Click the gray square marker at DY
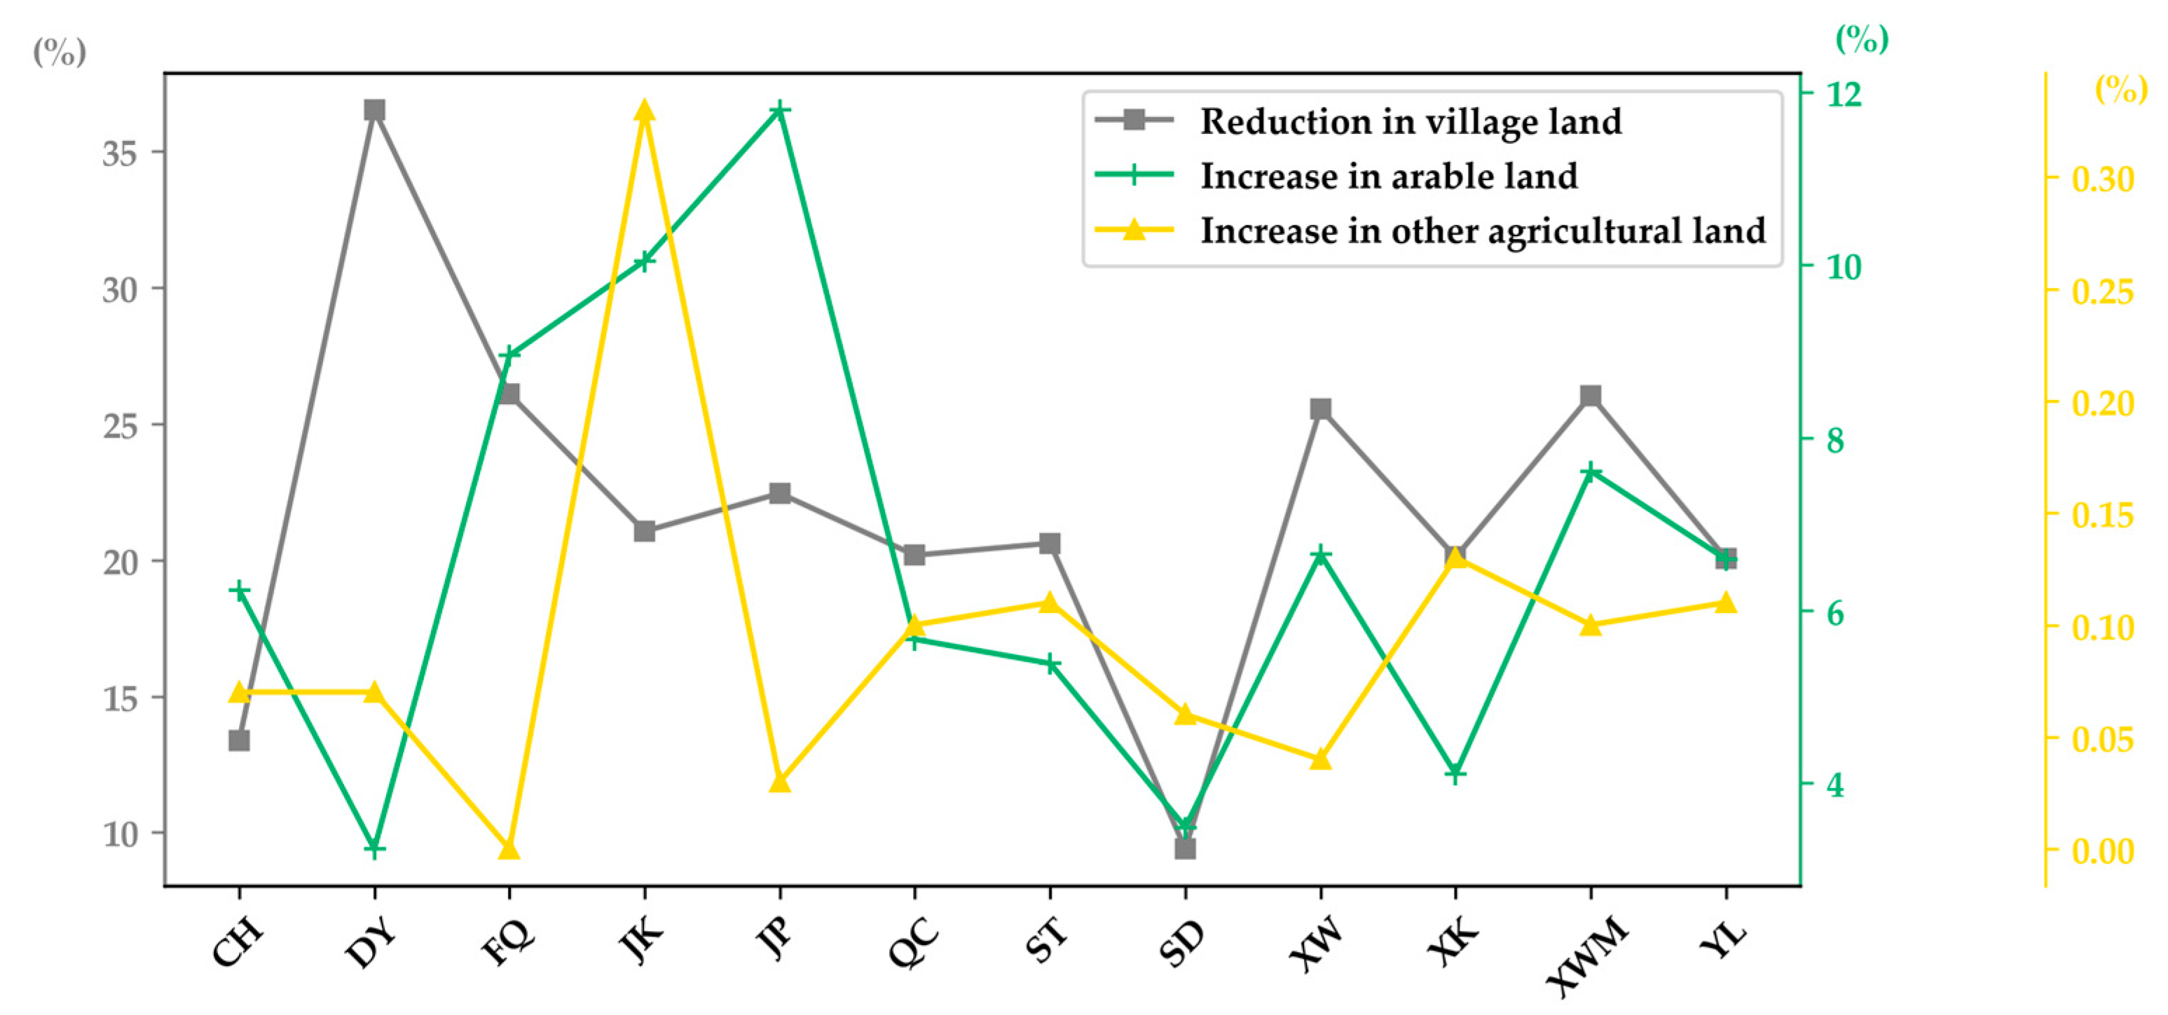click(374, 110)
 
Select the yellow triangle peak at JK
click(645, 111)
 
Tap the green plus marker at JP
click(780, 110)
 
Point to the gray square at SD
click(1185, 848)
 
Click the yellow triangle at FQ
click(509, 848)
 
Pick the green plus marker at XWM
click(1590, 471)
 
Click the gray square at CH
click(239, 740)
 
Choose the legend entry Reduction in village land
click(1410, 121)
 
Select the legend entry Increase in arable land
click(1388, 176)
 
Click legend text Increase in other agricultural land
click(1482, 230)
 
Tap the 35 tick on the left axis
click(120, 153)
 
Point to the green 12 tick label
click(1843, 95)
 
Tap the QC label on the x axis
click(914, 943)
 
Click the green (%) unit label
click(1862, 38)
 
